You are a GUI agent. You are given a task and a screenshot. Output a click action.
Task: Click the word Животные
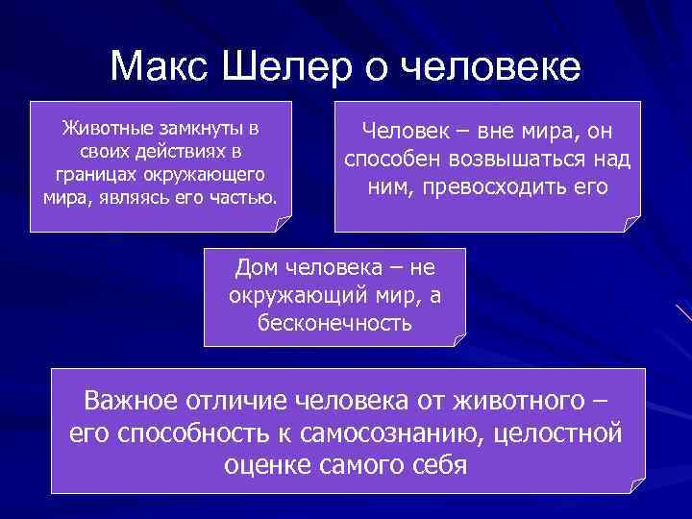click(103, 129)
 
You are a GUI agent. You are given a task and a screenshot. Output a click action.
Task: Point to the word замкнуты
click(199, 129)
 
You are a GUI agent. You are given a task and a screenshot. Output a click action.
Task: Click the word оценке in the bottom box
click(267, 466)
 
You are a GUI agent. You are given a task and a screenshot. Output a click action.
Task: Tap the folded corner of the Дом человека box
click(458, 338)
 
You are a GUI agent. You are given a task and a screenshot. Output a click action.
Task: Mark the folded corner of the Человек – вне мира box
click(631, 224)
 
